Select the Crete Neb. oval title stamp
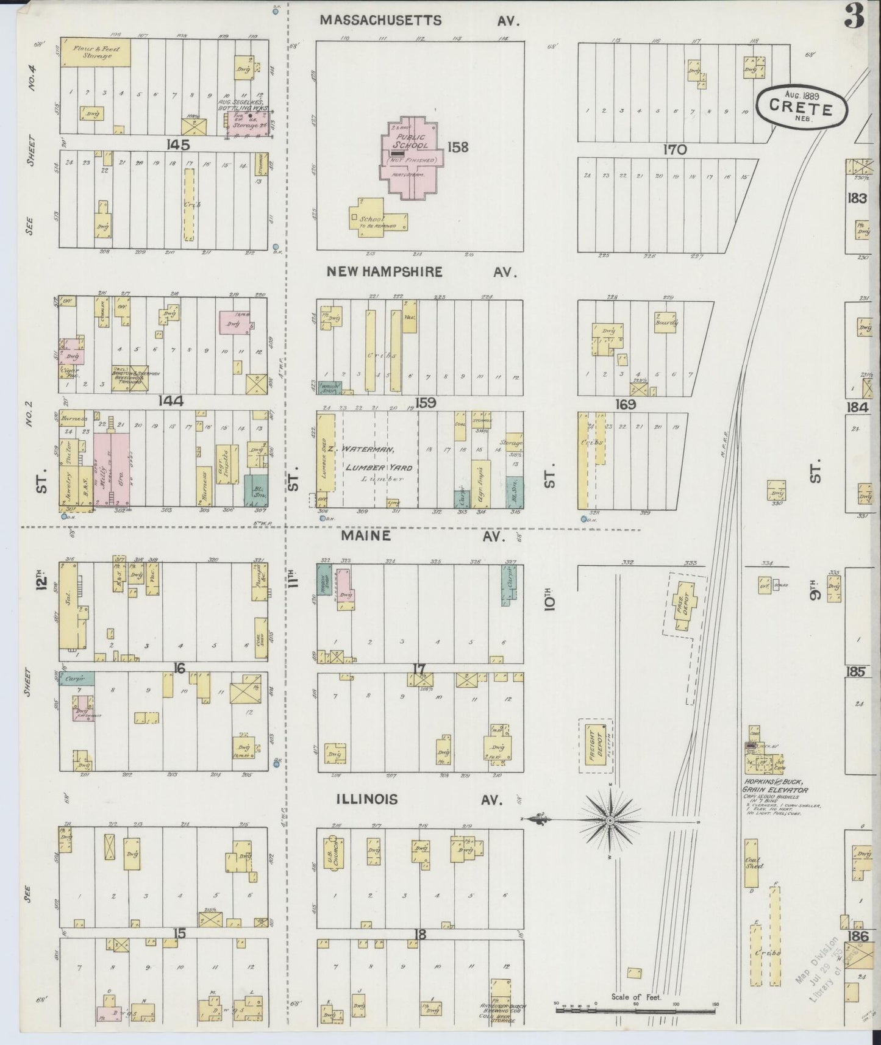pyautogui.click(x=801, y=107)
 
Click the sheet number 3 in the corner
pyautogui.click(x=854, y=18)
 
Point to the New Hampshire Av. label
pyautogui.click(x=421, y=272)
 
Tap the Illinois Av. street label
pyautogui.click(x=420, y=799)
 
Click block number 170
pyautogui.click(x=676, y=149)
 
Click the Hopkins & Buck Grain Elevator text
pyautogui.click(x=776, y=786)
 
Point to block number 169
pyautogui.click(x=626, y=404)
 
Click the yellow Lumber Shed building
pyautogui.click(x=327, y=454)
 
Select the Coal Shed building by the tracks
pyautogui.click(x=751, y=863)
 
